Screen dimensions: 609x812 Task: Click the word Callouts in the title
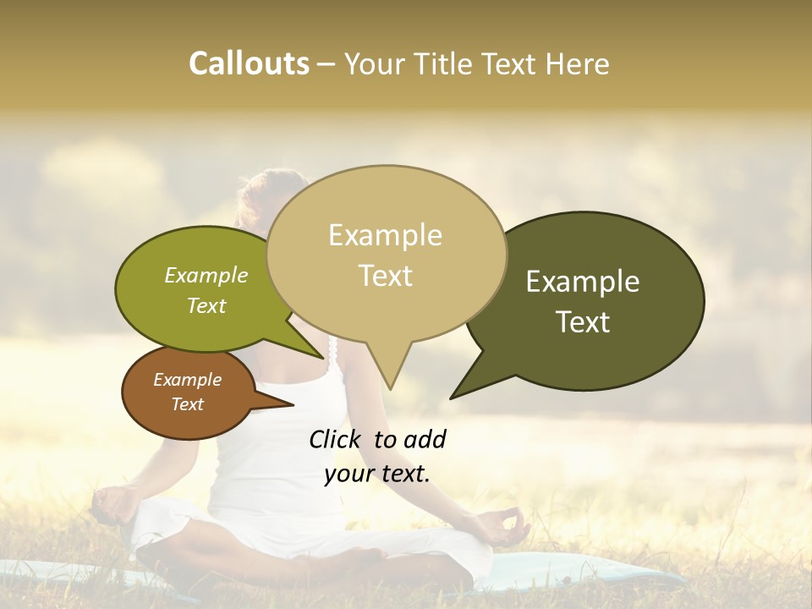click(x=249, y=63)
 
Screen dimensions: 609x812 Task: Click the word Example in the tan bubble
click(x=385, y=235)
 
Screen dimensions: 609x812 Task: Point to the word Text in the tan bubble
click(x=385, y=276)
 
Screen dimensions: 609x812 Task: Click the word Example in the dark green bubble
click(x=583, y=282)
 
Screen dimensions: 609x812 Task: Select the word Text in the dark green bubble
click(x=583, y=322)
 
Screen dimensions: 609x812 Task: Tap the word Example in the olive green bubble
click(x=206, y=276)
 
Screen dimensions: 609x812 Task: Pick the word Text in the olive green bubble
click(x=206, y=306)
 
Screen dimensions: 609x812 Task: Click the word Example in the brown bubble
click(x=187, y=380)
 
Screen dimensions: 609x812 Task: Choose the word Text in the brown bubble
click(x=187, y=404)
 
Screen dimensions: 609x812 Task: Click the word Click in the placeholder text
click(x=337, y=439)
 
